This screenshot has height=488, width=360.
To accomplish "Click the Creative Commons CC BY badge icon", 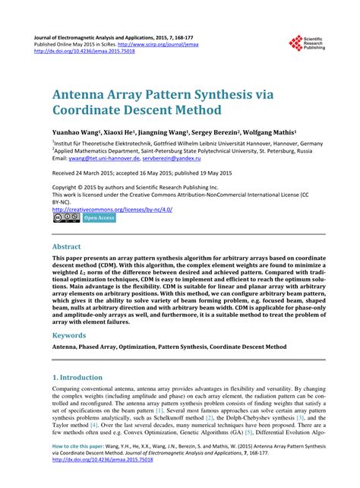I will (x=65, y=218).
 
